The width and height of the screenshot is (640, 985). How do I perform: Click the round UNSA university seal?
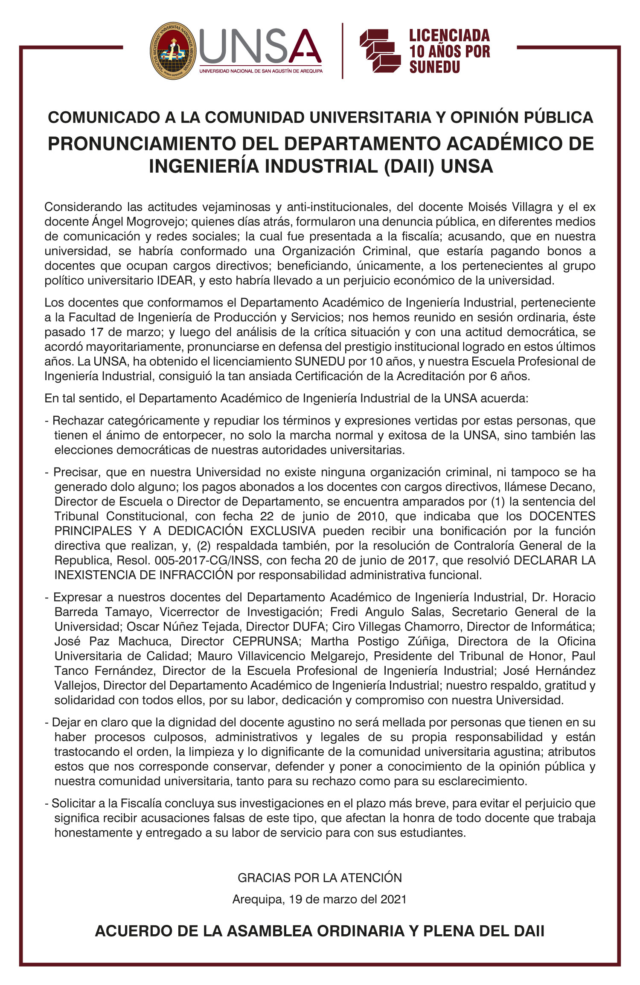(173, 51)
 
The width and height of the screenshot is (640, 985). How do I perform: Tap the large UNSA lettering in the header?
(260, 46)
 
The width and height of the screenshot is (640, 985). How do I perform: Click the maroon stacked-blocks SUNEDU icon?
(379, 50)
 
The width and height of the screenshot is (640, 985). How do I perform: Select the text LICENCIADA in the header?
(449, 35)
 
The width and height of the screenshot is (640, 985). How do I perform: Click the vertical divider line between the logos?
(343, 51)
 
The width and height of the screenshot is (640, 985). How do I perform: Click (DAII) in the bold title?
(409, 166)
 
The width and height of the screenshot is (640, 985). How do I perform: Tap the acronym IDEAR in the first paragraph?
(174, 280)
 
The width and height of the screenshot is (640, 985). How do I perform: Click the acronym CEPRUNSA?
(266, 641)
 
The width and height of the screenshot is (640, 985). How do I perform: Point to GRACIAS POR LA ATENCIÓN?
(320, 878)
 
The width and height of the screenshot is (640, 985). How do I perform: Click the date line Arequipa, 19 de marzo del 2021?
(320, 900)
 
